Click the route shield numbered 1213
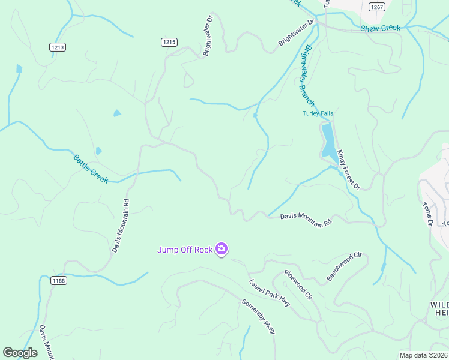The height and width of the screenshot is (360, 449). (x=58, y=47)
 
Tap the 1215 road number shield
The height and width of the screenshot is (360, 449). (x=169, y=41)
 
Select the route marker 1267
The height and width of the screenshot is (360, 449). (x=377, y=7)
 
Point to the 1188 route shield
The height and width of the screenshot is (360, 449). (x=59, y=280)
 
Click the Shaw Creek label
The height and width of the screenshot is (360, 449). (x=380, y=28)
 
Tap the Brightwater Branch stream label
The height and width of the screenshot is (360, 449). (x=306, y=76)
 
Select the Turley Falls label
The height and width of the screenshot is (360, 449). (x=317, y=113)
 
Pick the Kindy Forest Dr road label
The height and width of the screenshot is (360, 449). (x=348, y=170)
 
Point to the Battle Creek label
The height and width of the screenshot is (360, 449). (x=91, y=169)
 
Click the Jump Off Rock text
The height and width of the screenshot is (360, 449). (x=185, y=250)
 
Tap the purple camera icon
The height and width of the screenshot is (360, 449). (x=221, y=249)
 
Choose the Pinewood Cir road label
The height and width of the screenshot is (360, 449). (x=298, y=285)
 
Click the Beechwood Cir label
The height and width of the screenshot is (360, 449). (x=344, y=267)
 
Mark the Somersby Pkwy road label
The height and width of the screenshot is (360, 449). (x=258, y=316)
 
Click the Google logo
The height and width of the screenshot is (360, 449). (x=20, y=353)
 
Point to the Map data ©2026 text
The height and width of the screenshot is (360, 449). (x=424, y=355)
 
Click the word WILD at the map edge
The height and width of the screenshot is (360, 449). (x=439, y=305)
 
